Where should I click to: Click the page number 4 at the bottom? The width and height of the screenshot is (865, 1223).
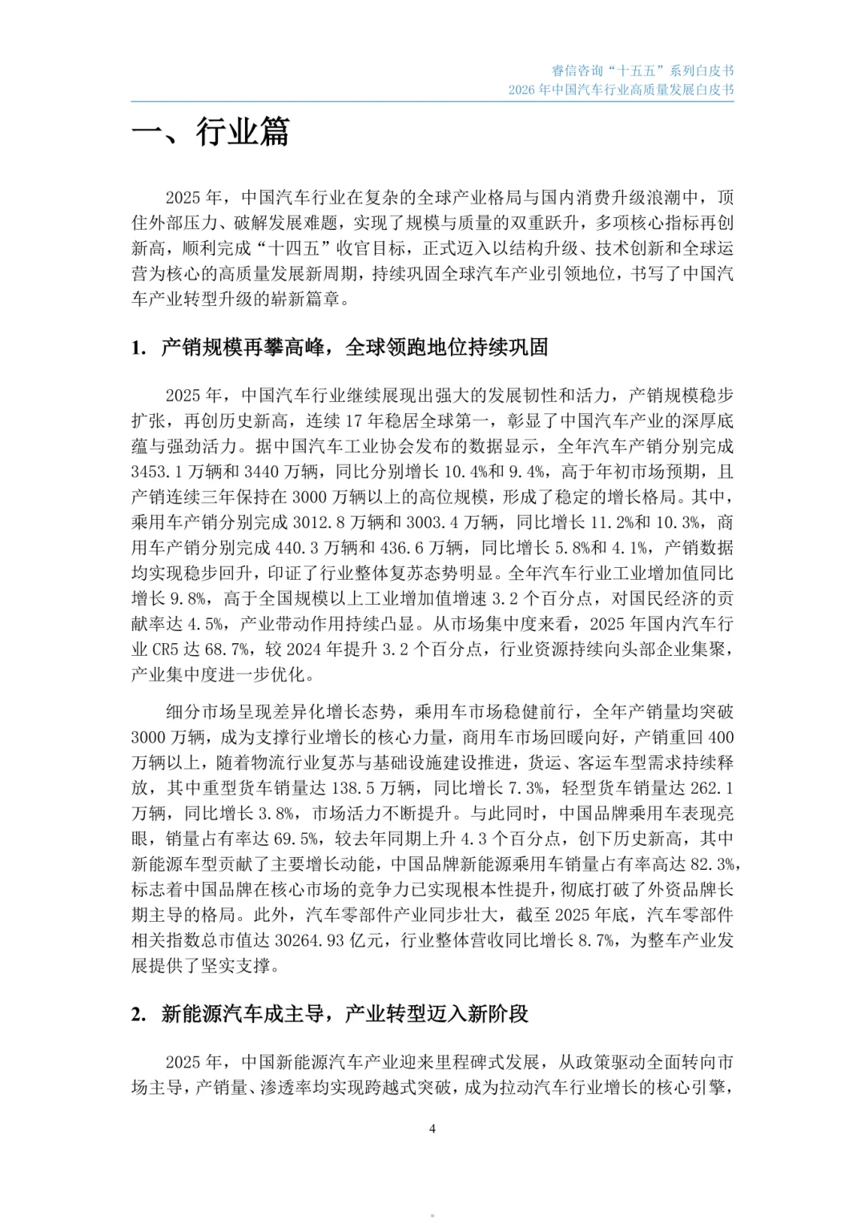point(432,1129)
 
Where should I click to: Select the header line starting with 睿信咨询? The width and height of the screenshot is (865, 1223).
point(642,70)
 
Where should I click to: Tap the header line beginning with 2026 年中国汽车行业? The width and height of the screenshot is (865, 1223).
point(621,90)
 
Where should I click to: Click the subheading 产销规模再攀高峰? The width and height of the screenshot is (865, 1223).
point(355,347)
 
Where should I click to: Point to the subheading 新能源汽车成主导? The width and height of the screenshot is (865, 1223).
point(344,1014)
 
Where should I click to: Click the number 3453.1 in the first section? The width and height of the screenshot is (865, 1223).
point(157,471)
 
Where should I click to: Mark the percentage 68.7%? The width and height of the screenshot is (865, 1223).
point(226,650)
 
